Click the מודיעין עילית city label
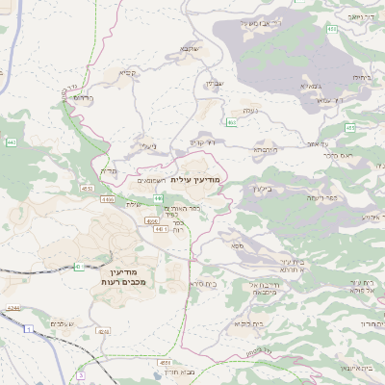point(195,180)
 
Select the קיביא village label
point(129,72)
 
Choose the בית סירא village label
point(201,284)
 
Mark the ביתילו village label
point(362,76)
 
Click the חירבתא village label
point(264,150)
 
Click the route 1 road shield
point(29,330)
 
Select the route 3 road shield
point(81,374)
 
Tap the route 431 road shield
point(78,267)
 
